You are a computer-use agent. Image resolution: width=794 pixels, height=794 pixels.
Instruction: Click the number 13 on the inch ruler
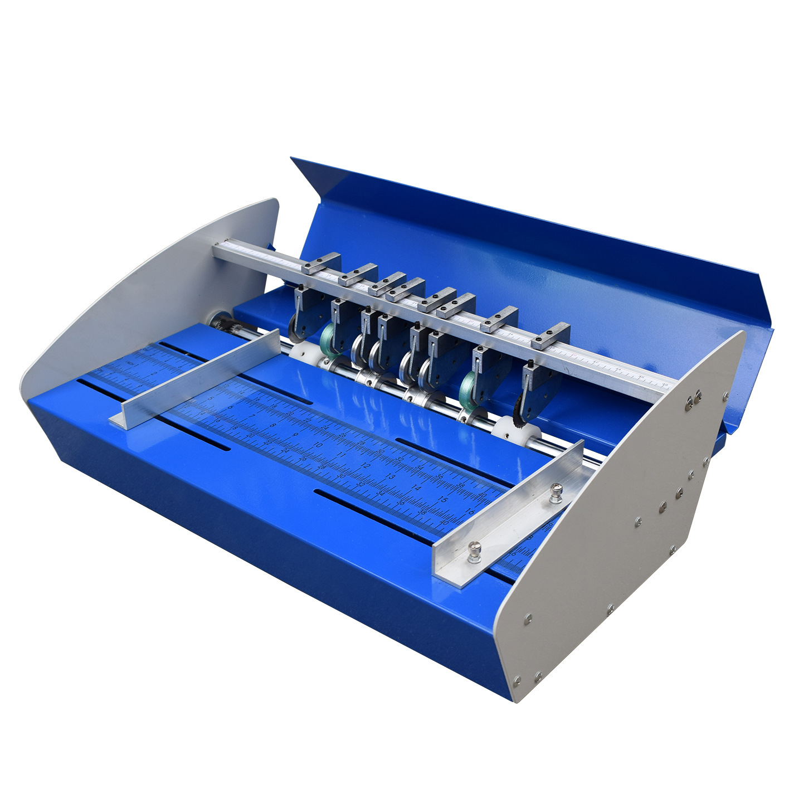tap(391, 477)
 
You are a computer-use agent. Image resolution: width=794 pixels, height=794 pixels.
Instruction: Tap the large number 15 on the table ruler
tap(443, 500)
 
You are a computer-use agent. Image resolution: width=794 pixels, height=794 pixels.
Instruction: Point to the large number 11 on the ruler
tap(341, 455)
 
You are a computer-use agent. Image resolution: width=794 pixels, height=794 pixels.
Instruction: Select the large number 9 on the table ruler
tap(295, 435)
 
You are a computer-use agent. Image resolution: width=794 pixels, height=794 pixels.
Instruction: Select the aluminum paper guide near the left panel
tap(195, 379)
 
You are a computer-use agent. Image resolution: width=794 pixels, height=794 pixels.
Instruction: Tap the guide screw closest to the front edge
tap(474, 552)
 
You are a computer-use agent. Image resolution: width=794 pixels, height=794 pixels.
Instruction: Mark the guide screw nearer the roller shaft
tap(556, 493)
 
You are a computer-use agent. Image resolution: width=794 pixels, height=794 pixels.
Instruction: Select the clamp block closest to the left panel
tap(322, 263)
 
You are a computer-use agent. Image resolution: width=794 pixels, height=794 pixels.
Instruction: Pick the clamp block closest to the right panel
tap(551, 337)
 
